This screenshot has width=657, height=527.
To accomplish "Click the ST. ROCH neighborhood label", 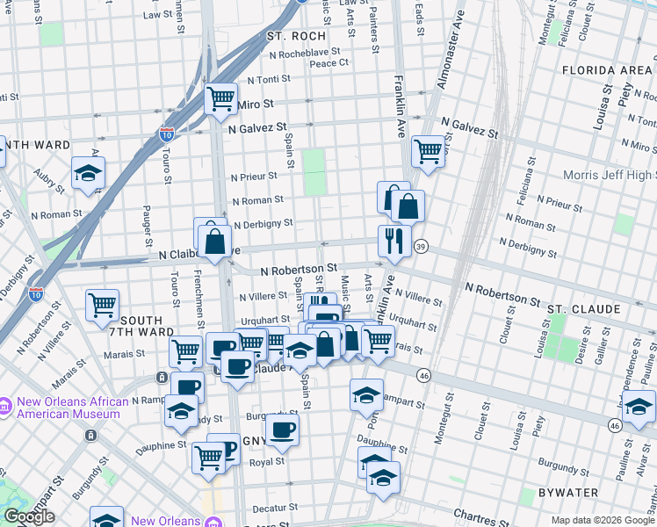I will (296, 36).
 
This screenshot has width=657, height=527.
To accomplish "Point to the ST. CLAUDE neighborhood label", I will (584, 310).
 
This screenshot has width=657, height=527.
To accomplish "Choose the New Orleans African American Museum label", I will (72, 408).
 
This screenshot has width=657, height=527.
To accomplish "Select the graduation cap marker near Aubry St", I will (88, 172).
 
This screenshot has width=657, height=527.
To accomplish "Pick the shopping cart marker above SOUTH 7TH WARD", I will (103, 306).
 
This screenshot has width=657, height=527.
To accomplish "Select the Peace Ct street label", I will (329, 62).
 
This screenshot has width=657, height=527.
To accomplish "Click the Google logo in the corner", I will (29, 517).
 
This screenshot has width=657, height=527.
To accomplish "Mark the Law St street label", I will (157, 15).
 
